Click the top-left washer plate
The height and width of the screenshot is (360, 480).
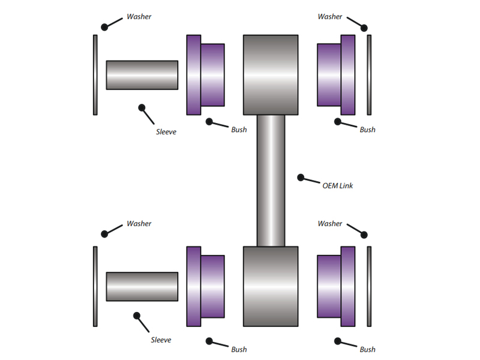pyautogui.click(x=95, y=74)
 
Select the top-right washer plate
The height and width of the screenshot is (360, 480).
pyautogui.click(x=369, y=74)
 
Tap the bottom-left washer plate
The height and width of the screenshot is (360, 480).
pyautogui.click(x=95, y=286)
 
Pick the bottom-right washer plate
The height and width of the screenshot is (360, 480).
pyautogui.click(x=369, y=286)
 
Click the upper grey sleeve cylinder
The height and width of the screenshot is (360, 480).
pyautogui.click(x=142, y=75)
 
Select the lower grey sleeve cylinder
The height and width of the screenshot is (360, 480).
pyautogui.click(x=142, y=286)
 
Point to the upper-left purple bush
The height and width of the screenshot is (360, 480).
pyautogui.click(x=205, y=74)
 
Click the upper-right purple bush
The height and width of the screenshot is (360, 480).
pyautogui.click(x=335, y=74)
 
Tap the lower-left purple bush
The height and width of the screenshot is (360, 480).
pyautogui.click(x=205, y=286)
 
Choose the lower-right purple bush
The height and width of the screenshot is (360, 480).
pyautogui.click(x=335, y=286)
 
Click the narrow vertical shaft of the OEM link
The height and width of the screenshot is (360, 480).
pyautogui.click(x=271, y=180)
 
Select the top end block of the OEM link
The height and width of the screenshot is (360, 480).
pyautogui.click(x=271, y=74)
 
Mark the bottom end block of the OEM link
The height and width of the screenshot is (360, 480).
pyautogui.click(x=271, y=286)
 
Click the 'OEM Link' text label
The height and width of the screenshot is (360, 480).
pyautogui.click(x=338, y=186)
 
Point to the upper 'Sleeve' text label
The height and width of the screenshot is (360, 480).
pyautogui.click(x=166, y=131)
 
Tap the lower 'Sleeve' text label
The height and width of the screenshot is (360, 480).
pyautogui.click(x=161, y=340)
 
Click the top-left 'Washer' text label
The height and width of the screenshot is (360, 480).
pyautogui.click(x=139, y=17)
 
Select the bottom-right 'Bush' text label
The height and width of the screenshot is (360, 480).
pyautogui.click(x=367, y=349)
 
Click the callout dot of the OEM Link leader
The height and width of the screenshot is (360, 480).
pyautogui.click(x=301, y=177)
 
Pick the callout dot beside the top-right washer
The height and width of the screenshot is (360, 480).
pyautogui.click(x=364, y=28)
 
